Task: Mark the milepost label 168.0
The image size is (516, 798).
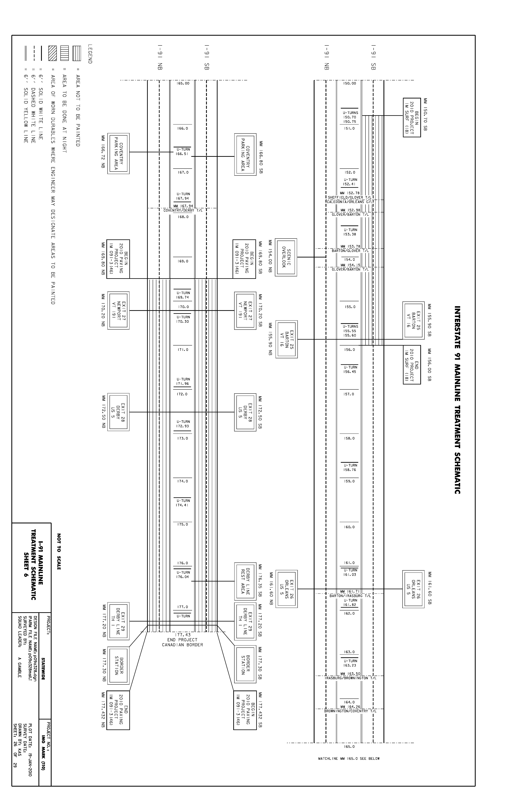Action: [x=183, y=217]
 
